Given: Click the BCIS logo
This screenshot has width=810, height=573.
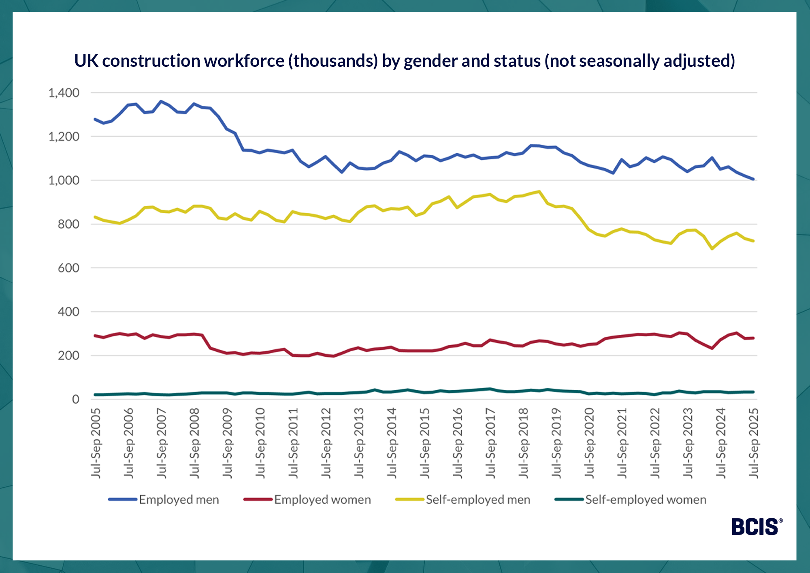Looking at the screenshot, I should click(756, 527).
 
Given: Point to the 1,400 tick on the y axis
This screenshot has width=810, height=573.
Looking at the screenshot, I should click(64, 93).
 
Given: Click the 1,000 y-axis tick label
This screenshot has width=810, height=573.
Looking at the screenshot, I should click(64, 180).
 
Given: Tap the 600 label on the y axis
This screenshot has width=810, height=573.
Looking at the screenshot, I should click(68, 268).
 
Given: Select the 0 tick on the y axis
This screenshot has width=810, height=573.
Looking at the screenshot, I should click(76, 399).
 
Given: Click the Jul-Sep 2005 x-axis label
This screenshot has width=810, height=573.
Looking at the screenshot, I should click(96, 443).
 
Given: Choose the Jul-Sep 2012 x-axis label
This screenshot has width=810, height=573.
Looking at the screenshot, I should click(326, 443).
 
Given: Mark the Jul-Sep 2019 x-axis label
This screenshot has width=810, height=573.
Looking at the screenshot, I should click(556, 443).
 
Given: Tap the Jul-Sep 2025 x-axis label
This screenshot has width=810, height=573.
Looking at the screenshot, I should click(754, 443).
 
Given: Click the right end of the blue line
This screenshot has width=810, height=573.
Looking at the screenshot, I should click(753, 179).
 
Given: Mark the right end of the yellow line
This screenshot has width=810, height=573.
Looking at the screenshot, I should click(753, 241).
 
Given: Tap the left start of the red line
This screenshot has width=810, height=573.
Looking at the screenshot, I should click(95, 336).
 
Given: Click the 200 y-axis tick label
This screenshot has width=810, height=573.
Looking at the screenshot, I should click(68, 355).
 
